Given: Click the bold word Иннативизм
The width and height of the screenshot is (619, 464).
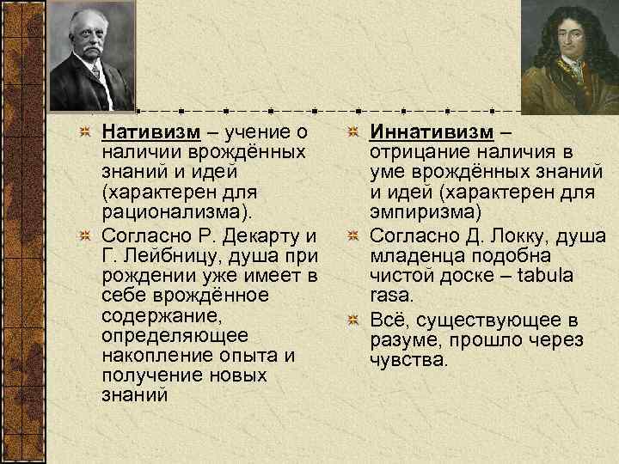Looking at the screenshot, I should click(x=432, y=132).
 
